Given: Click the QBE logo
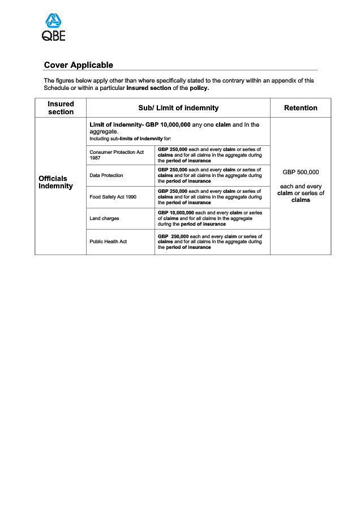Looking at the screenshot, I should (54, 28).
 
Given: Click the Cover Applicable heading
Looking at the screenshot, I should (78, 65).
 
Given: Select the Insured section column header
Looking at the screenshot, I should (61, 108).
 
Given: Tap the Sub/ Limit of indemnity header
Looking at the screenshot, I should (178, 108).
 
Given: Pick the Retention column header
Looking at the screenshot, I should (301, 108).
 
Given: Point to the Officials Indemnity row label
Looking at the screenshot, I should (55, 182).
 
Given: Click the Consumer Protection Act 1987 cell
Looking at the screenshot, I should (117, 155).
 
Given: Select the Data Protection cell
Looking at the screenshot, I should (106, 175).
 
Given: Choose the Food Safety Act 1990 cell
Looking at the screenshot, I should (113, 197).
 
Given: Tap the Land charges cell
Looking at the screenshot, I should (104, 218).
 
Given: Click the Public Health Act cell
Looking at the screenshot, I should (108, 241).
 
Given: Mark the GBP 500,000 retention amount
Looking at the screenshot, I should (301, 171).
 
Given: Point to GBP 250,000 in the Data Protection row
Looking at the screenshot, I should (172, 170).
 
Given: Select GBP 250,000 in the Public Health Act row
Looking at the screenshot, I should (173, 236).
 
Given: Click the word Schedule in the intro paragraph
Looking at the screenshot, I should (58, 88).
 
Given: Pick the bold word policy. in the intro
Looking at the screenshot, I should (199, 88).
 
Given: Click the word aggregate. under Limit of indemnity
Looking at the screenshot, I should (104, 131).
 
